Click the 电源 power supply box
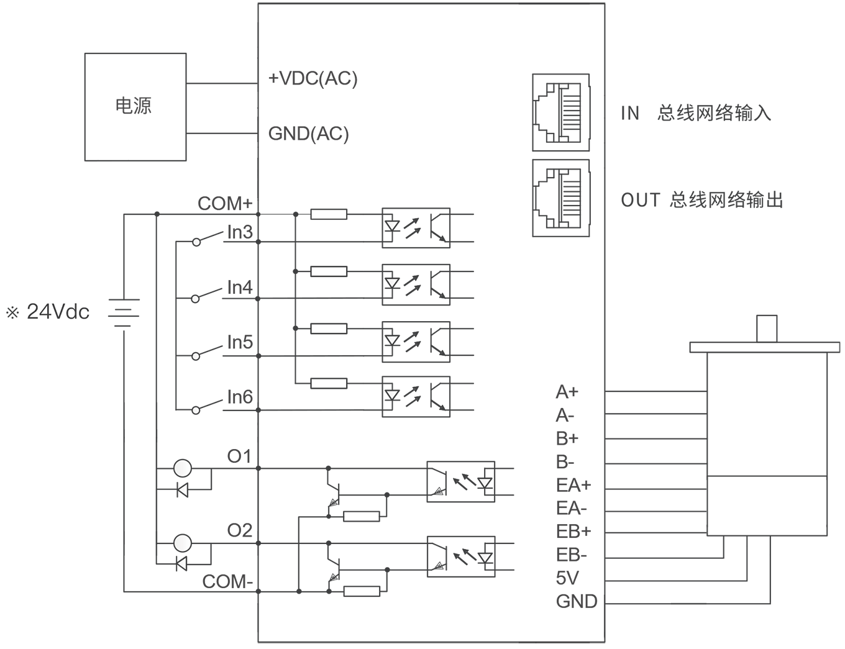pyautogui.click(x=135, y=107)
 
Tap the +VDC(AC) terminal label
pyautogui.click(x=313, y=78)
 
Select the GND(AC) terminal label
pyautogui.click(x=308, y=134)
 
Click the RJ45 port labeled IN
pyautogui.click(x=560, y=112)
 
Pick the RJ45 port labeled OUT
pyautogui.click(x=560, y=198)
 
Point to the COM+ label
pyautogui.click(x=225, y=203)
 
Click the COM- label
pyautogui.click(x=227, y=582)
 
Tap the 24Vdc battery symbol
pyautogui.click(x=124, y=312)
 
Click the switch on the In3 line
pyautogui.click(x=208, y=238)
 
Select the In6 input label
pyautogui.click(x=240, y=397)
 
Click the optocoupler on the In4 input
pyautogui.click(x=416, y=285)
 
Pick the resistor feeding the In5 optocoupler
pyautogui.click(x=329, y=329)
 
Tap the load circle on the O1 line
pyautogui.click(x=183, y=468)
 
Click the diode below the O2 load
pyautogui.click(x=181, y=564)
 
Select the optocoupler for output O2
pyautogui.click(x=461, y=557)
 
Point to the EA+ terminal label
pyautogui.click(x=573, y=485)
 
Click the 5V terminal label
pyautogui.click(x=567, y=578)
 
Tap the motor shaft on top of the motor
pyautogui.click(x=767, y=329)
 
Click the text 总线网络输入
pyautogui.click(x=714, y=113)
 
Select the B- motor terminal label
pyautogui.click(x=565, y=462)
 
